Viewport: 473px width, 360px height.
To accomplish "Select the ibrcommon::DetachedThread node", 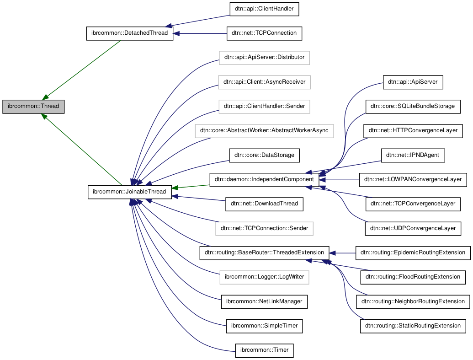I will (130, 33).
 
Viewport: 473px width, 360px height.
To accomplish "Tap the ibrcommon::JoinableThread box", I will (130, 192).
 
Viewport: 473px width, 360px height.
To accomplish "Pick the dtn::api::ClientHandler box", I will (264, 9).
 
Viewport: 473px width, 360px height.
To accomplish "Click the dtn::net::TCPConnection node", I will (264, 33).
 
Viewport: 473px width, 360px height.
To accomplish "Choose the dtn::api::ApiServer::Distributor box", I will (264, 58).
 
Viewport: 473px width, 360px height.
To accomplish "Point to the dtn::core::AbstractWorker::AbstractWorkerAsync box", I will (264, 130).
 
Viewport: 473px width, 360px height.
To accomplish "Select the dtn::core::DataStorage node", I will (264, 155).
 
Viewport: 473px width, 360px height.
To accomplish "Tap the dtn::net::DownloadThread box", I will (264, 204).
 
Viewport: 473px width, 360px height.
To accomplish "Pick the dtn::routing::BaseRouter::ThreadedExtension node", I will (264, 253).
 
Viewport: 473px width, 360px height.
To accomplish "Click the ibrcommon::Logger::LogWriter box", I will (264, 277).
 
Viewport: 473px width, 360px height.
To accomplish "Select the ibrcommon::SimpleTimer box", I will (264, 326).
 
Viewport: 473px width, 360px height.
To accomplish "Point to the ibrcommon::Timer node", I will (264, 350).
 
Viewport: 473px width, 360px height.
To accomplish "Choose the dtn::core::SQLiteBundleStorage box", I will (413, 106).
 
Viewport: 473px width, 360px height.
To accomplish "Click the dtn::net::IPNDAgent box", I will (413, 155).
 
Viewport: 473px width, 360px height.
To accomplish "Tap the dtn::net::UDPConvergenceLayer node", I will (413, 228).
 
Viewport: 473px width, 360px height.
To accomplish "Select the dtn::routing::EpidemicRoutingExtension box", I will (413, 253).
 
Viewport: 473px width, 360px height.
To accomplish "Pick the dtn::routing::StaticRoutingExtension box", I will (413, 326).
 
